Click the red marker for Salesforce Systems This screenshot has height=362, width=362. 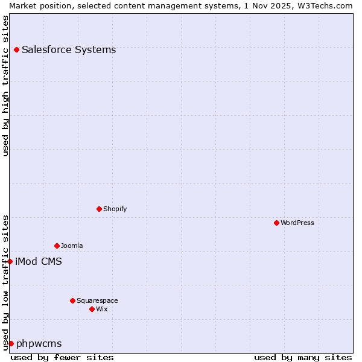(x=16, y=49)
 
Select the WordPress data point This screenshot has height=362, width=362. (x=276, y=223)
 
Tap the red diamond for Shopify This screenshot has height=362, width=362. (x=99, y=209)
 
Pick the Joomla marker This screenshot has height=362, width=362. (x=57, y=246)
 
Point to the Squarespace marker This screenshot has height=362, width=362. (x=72, y=300)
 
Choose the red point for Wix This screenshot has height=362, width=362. (x=92, y=309)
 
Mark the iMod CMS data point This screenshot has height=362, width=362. (x=10, y=261)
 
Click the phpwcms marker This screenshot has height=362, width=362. (x=11, y=343)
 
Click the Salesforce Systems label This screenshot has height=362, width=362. (x=69, y=49)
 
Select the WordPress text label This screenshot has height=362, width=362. (x=297, y=223)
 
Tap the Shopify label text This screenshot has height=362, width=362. (x=115, y=209)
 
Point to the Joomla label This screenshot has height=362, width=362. (x=72, y=246)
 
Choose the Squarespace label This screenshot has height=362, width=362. (x=97, y=300)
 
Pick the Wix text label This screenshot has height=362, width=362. (x=102, y=309)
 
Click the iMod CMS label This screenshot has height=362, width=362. (x=39, y=261)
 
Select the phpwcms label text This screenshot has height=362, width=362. (x=39, y=343)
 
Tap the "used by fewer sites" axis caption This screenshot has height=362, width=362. (x=62, y=357)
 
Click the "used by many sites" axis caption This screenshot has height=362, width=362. (x=303, y=357)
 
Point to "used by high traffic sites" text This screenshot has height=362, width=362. (x=5, y=86)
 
